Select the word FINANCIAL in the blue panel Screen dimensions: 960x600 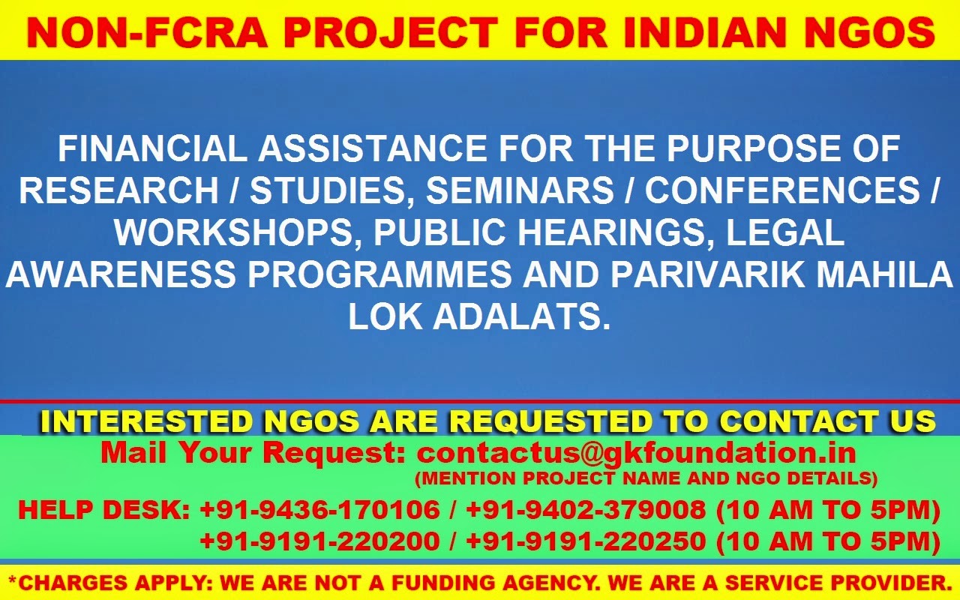(x=152, y=148)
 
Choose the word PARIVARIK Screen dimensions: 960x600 (x=707, y=274)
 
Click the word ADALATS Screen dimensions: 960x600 (x=522, y=316)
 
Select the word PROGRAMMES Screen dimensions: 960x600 (x=379, y=274)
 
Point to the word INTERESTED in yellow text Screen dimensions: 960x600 (x=145, y=421)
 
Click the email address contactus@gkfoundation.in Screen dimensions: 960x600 (x=637, y=452)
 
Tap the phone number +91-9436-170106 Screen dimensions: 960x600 (x=320, y=510)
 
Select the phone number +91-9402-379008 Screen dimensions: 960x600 (x=586, y=510)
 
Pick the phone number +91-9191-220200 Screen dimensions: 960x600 (x=320, y=541)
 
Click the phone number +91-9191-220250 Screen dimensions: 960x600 (x=586, y=541)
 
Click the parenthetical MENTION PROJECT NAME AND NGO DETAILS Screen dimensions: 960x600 (x=646, y=478)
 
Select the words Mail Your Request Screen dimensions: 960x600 (x=253, y=454)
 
